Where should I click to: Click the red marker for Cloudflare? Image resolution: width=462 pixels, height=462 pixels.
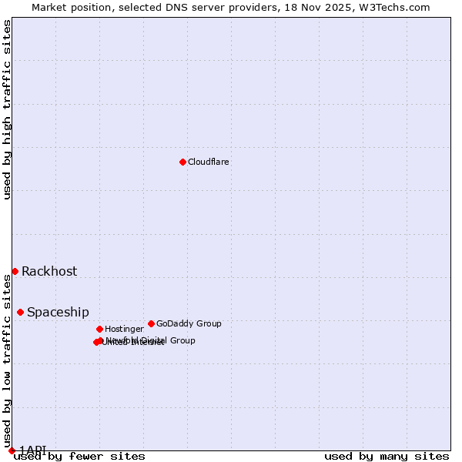pyautogui.click(x=182, y=162)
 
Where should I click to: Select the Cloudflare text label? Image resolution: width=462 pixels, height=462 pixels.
pyautogui.click(x=208, y=162)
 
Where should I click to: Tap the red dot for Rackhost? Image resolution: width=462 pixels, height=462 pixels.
pyautogui.click(x=15, y=271)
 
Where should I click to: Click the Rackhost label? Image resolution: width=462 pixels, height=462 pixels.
pyautogui.click(x=49, y=271)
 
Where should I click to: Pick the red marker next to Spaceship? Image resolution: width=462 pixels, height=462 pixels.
pyautogui.click(x=20, y=312)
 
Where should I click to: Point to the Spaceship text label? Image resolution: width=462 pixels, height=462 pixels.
pyautogui.click(x=58, y=312)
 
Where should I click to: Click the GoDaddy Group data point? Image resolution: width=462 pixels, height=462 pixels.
pyautogui.click(x=151, y=323)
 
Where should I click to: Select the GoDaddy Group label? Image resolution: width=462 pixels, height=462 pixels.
pyautogui.click(x=189, y=324)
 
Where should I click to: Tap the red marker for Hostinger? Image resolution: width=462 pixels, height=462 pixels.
pyautogui.click(x=99, y=329)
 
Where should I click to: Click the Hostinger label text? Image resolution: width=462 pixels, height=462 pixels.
pyautogui.click(x=124, y=330)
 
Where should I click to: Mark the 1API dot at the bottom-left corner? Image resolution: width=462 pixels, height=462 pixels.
pyautogui.click(x=12, y=450)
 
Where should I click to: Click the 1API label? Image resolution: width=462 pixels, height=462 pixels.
pyautogui.click(x=32, y=450)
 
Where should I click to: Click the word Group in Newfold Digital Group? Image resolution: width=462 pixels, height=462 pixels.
pyautogui.click(x=182, y=340)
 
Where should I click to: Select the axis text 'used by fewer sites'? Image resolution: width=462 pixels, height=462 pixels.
pyautogui.click(x=79, y=457)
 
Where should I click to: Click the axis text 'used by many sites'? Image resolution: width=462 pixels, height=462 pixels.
pyautogui.click(x=387, y=457)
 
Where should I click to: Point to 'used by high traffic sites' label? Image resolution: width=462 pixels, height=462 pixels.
pyautogui.click(x=8, y=109)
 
